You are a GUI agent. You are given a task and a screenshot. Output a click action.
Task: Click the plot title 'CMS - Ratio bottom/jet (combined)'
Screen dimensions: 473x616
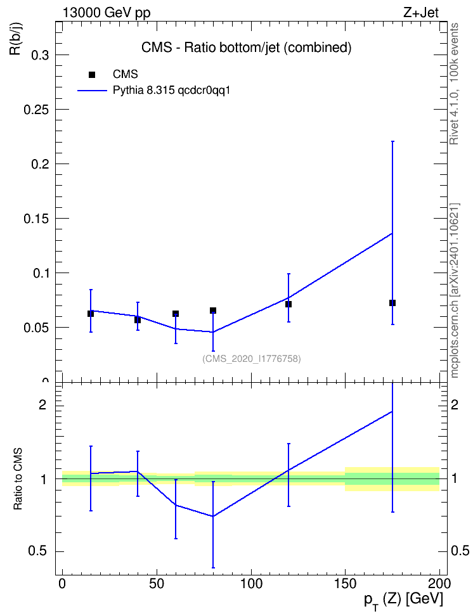(x=246, y=48)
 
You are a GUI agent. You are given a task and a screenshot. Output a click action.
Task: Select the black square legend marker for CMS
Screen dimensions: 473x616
(x=92, y=75)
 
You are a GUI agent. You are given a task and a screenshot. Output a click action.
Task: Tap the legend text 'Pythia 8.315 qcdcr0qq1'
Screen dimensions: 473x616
(x=171, y=91)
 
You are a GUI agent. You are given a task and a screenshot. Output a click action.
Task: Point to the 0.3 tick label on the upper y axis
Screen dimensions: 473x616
(x=40, y=55)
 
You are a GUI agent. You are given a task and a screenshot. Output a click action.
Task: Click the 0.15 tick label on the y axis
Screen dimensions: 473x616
(x=37, y=219)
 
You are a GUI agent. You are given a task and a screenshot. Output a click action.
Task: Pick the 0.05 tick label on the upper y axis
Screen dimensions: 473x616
(x=37, y=328)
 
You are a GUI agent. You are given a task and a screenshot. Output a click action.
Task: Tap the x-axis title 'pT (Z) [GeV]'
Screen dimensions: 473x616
(x=403, y=600)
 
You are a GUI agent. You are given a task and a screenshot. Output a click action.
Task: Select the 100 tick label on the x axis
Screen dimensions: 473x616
(x=251, y=584)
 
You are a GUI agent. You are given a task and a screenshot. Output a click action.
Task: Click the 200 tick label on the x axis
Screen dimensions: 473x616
(x=439, y=584)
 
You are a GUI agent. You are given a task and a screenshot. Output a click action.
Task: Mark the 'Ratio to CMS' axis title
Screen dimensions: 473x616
(x=18, y=478)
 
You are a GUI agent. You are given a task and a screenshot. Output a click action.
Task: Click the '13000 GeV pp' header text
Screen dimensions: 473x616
(x=107, y=13)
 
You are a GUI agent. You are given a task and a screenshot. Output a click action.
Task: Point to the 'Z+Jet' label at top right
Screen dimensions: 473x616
(x=421, y=13)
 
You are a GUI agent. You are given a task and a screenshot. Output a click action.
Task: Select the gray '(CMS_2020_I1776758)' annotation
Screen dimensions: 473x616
(x=252, y=359)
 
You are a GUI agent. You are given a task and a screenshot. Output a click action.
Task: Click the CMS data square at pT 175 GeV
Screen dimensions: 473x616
(x=392, y=303)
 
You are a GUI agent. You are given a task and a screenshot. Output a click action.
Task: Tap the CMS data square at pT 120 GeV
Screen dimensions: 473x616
(x=288, y=304)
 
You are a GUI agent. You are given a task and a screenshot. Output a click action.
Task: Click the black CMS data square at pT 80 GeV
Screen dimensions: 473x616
(x=213, y=311)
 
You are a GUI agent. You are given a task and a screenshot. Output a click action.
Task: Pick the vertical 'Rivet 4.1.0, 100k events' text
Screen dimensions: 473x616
(x=454, y=84)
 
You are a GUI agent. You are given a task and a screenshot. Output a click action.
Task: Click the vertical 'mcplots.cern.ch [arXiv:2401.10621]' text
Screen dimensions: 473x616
(x=455, y=290)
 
